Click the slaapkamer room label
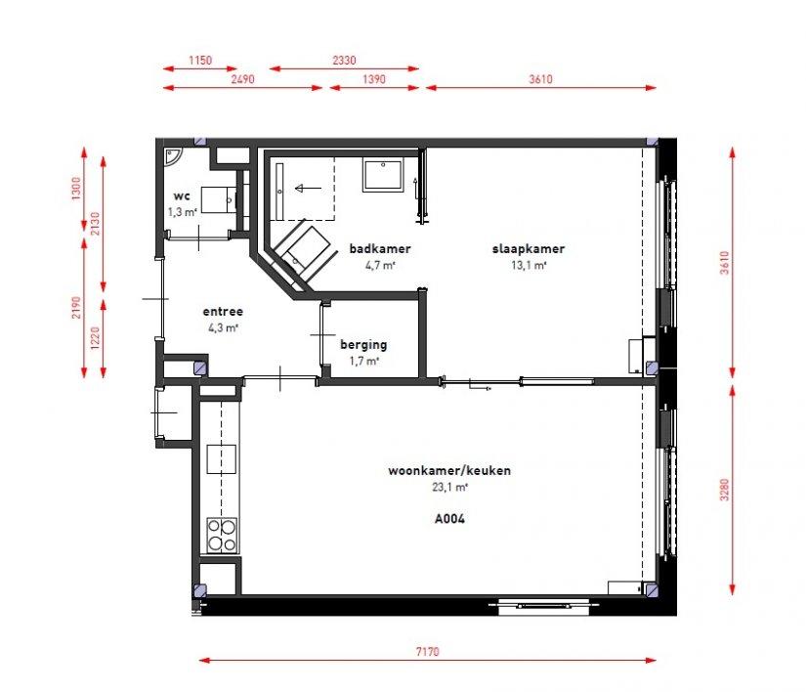coord(529,249)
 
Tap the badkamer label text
coord(380,249)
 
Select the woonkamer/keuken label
coord(449,470)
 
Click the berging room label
coord(363,345)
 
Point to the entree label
coord(223,311)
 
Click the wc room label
coord(182,195)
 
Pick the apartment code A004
coord(449,519)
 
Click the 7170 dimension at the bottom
coord(427,652)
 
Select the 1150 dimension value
coord(200,61)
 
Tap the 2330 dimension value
coord(344,61)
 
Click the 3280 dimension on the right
coord(724,490)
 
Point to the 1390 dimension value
coord(374,79)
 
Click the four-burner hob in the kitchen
coord(222,536)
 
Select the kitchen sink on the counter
coord(222,459)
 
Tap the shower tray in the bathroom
coord(383,175)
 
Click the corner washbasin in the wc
coord(172,155)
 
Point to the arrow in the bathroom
coord(308,189)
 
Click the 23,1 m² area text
coord(449,487)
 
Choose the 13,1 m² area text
coord(529,265)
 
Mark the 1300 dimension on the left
coord(76,189)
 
